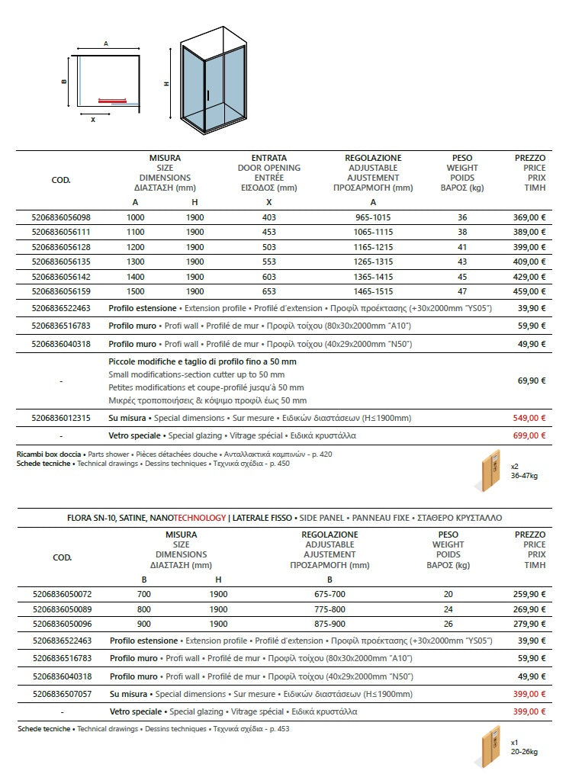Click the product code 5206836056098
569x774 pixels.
click(61, 217)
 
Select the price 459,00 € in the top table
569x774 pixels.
click(529, 291)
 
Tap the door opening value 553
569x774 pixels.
click(268, 261)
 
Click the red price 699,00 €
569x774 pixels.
click(529, 435)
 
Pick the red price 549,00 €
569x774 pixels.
click(529, 418)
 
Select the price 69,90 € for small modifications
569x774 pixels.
click(532, 380)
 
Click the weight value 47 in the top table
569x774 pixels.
click(462, 291)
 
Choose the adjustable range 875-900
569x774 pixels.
click(330, 623)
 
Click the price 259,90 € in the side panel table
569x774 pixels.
click(529, 594)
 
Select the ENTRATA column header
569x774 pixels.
click(268, 158)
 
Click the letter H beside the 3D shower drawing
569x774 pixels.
click(166, 84)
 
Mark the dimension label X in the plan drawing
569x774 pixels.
click(93, 119)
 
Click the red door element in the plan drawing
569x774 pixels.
click(117, 99)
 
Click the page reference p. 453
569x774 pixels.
click(278, 729)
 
